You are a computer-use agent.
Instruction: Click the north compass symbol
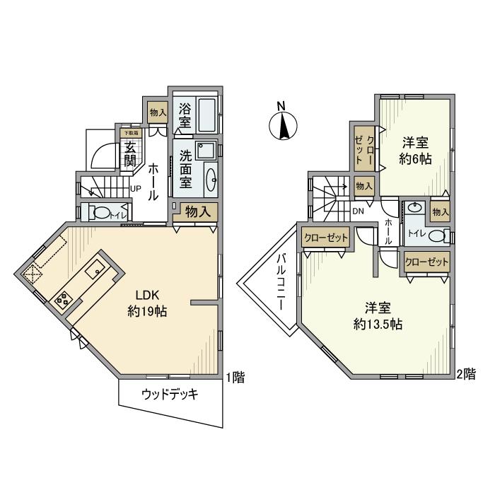click(x=281, y=125)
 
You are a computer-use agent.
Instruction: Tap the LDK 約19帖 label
click(x=147, y=303)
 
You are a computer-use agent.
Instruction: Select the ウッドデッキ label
click(x=170, y=395)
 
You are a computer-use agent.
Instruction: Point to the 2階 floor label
click(x=465, y=373)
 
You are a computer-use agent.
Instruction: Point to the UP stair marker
click(x=135, y=188)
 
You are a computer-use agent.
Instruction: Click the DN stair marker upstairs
click(x=358, y=210)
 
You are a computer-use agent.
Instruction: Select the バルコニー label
click(x=280, y=282)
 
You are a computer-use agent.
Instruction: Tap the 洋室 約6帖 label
click(x=415, y=149)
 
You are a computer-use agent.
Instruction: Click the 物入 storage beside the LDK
click(x=195, y=211)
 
